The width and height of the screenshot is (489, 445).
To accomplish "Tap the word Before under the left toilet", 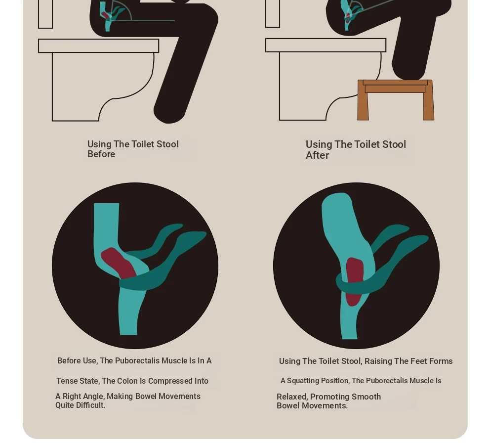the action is (101, 154).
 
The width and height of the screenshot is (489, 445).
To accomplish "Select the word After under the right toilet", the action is (317, 155).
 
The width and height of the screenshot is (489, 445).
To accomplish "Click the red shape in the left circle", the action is (118, 263).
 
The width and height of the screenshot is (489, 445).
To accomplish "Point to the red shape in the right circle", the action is (354, 281).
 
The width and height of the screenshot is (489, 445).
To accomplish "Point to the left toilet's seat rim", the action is (99, 46).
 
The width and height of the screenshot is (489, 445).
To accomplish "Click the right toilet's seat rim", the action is (326, 45).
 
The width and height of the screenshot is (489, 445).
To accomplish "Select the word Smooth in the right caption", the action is (366, 397).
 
